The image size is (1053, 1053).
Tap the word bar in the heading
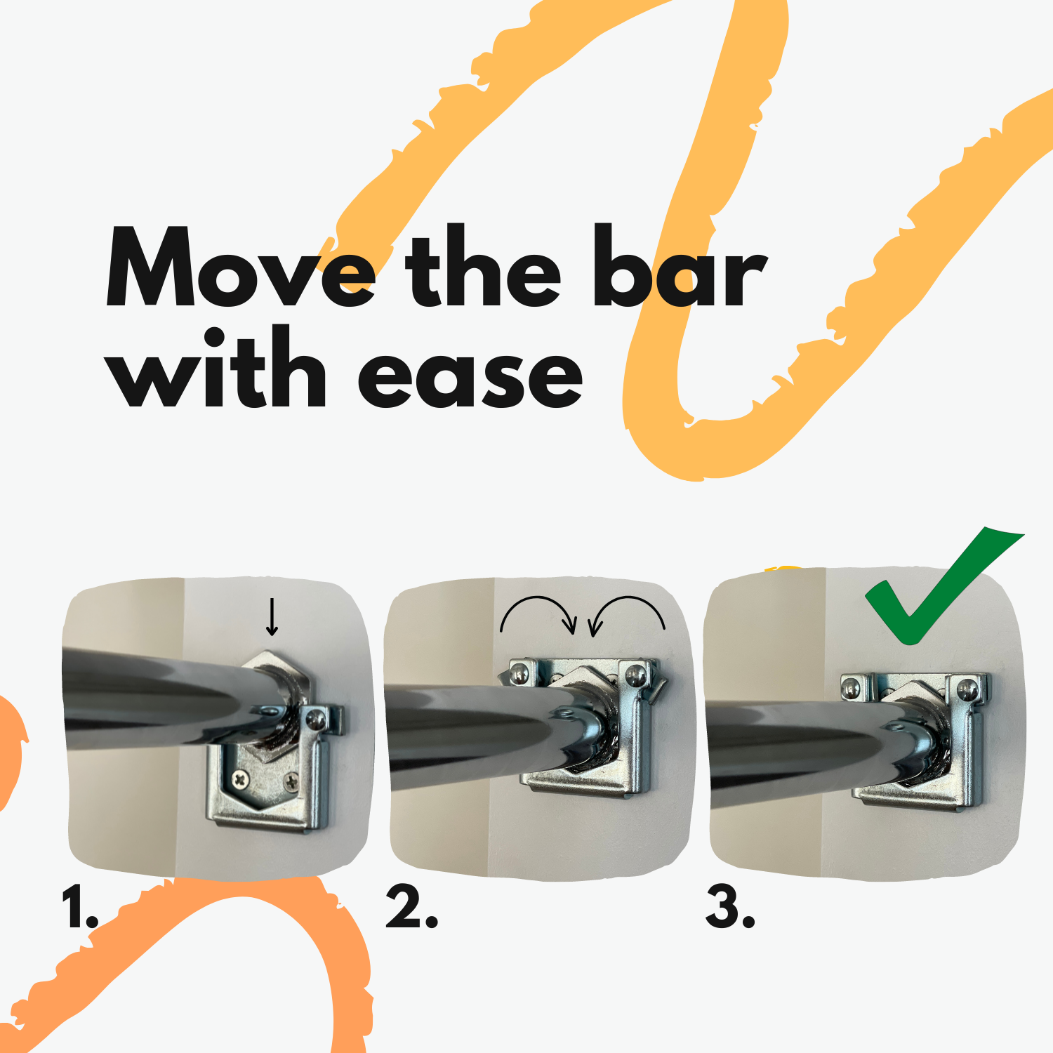coord(680,266)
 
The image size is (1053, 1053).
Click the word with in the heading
coord(218,367)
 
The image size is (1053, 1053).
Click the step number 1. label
coord(79,908)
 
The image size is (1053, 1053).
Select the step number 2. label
coord(411,908)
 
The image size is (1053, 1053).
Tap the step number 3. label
coord(730,908)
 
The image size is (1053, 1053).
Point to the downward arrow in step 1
coord(272,617)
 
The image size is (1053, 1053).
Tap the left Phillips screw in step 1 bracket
coord(241,778)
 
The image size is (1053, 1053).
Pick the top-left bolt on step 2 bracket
coord(519,674)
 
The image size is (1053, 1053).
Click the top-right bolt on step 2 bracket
coord(635,676)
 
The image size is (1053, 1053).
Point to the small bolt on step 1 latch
coord(317,719)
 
